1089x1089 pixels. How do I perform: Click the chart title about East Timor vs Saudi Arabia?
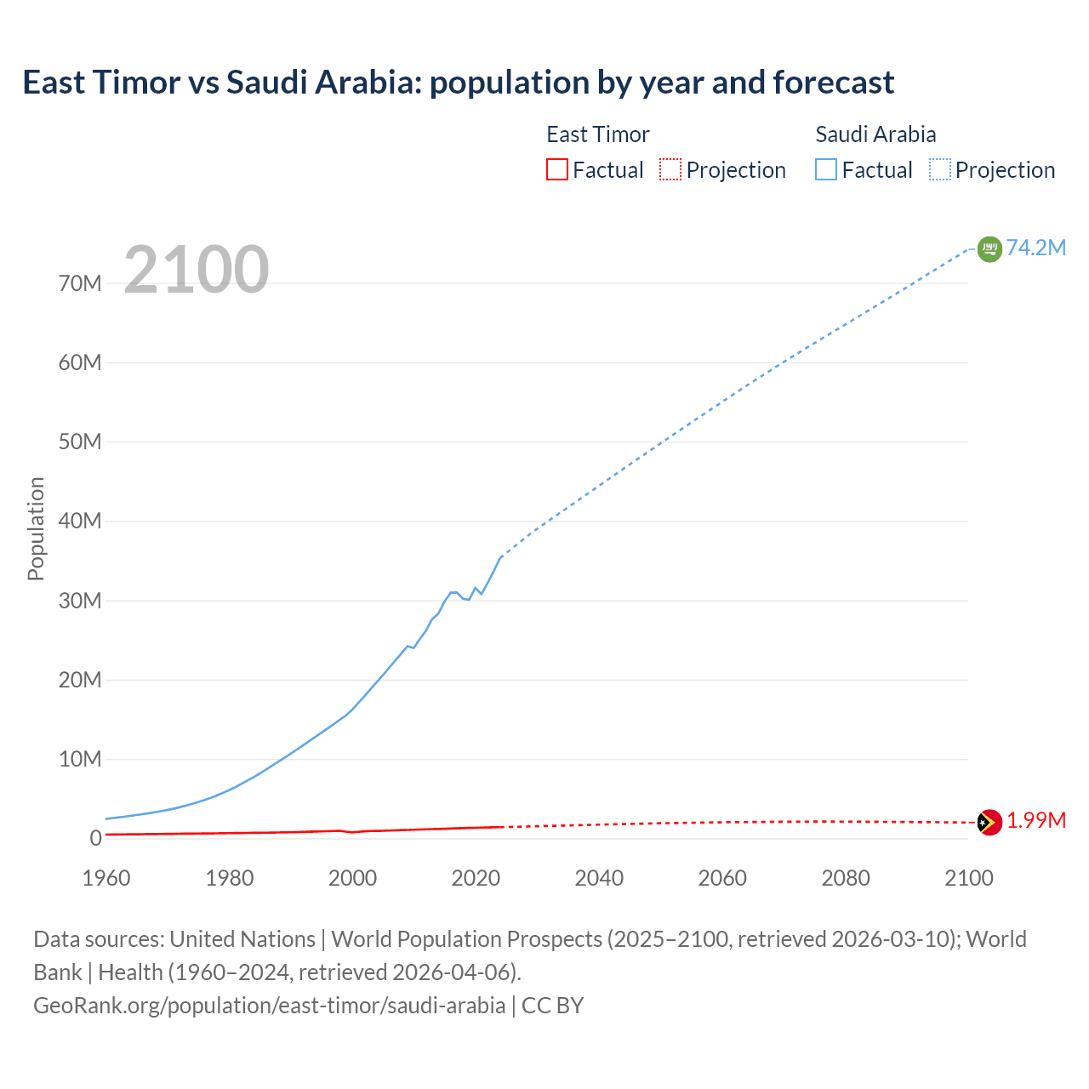[x=458, y=83]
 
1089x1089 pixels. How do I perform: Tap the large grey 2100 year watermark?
[x=197, y=270]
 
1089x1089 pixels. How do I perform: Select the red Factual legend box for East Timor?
[x=556, y=169]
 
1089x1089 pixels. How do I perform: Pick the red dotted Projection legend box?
[x=670, y=169]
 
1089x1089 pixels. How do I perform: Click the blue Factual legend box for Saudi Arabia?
[x=825, y=169]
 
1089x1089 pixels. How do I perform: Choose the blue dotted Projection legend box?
[x=939, y=169]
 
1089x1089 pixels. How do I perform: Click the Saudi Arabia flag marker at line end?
[x=989, y=248]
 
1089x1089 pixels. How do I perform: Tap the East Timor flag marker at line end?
[x=989, y=822]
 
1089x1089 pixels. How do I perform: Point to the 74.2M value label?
[x=1035, y=248]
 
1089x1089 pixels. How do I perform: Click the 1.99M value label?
[x=1035, y=820]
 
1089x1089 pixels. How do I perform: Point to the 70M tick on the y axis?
[x=80, y=283]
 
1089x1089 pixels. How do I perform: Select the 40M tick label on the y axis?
[x=80, y=521]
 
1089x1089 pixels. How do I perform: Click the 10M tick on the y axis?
[x=80, y=759]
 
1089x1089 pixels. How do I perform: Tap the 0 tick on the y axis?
[x=95, y=838]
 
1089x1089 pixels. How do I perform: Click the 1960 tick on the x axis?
[x=106, y=878]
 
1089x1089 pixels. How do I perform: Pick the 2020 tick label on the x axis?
[x=476, y=878]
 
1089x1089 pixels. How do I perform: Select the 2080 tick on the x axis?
[x=846, y=878]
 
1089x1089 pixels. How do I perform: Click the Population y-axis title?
[x=36, y=528]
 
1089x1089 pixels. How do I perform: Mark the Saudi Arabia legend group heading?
[x=875, y=134]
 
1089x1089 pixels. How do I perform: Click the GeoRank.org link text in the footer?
[x=269, y=1006]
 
